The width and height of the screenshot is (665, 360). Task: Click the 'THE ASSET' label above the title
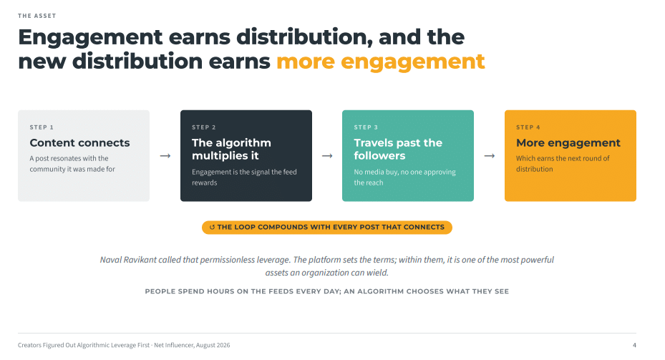point(37,16)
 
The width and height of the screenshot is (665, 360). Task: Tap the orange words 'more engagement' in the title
point(380,62)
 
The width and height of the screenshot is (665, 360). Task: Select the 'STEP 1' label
point(42,127)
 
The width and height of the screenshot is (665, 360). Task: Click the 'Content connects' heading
point(79,143)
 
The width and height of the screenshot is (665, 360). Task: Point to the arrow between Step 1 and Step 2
point(165,156)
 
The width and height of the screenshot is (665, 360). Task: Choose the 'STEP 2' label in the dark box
point(203,127)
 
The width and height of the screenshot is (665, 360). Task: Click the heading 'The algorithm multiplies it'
point(231,150)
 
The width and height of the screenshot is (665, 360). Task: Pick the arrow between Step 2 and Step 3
point(327,156)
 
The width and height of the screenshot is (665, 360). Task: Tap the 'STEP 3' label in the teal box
point(366,127)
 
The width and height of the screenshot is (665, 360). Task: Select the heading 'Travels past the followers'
point(398,150)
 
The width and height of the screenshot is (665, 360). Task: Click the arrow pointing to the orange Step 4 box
point(490,156)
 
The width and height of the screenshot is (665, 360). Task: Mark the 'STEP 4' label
point(528,127)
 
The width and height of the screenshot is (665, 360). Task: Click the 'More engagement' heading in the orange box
point(568,143)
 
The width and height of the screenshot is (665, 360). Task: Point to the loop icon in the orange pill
point(212,228)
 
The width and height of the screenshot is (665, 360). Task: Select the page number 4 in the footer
point(634,345)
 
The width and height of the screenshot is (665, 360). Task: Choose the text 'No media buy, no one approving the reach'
point(405,177)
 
